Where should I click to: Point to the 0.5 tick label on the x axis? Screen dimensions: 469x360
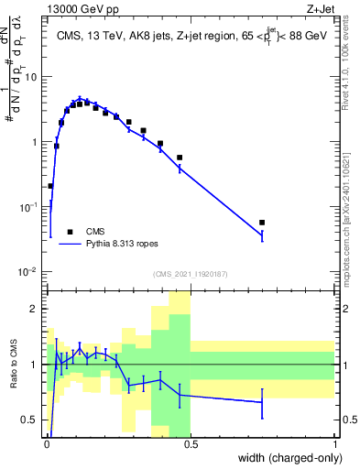[x=191, y=444]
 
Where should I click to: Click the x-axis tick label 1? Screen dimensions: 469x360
[x=336, y=444]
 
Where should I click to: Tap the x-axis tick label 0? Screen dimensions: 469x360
[x=46, y=444]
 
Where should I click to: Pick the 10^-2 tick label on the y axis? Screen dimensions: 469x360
[x=29, y=272]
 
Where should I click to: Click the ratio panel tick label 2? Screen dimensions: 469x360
[x=35, y=309]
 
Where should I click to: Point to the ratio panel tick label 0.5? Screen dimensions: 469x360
[x=31, y=420]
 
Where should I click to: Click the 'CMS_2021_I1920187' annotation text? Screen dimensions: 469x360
[x=190, y=274]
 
